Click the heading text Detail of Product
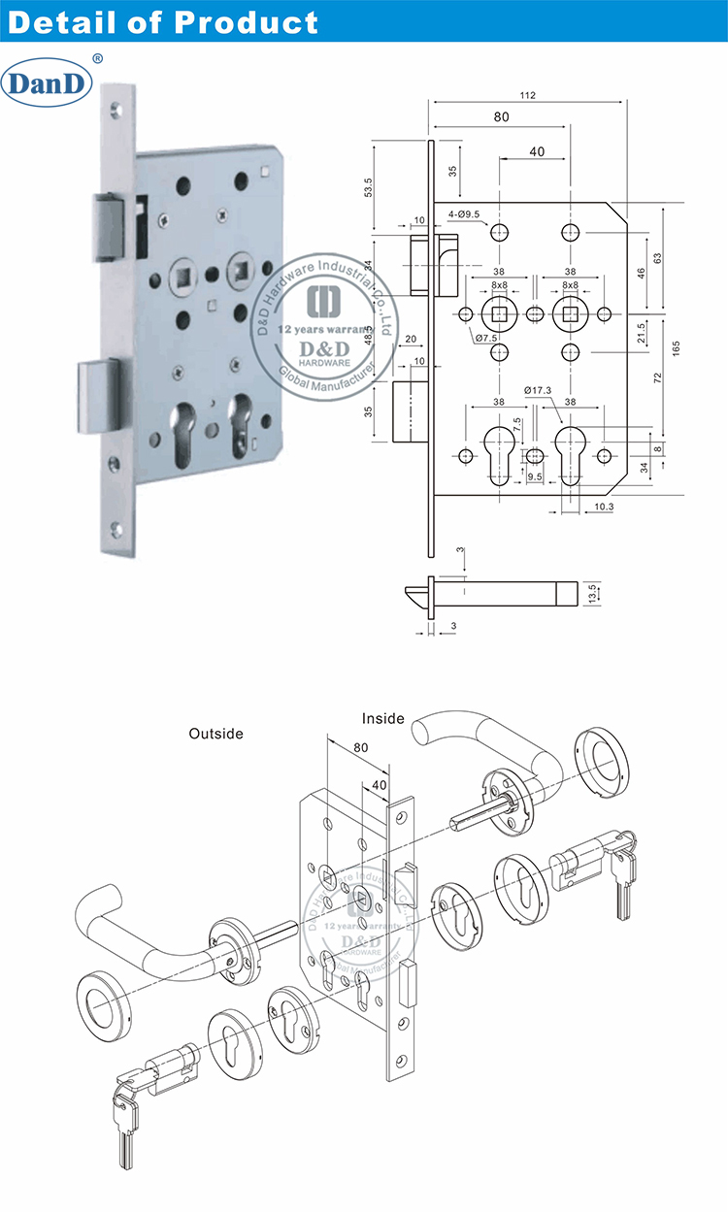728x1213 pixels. pyautogui.click(x=162, y=21)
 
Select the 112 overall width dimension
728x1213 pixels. pyautogui.click(x=528, y=95)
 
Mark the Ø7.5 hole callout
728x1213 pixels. pyautogui.click(x=486, y=338)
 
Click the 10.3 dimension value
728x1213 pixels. pyautogui.click(x=603, y=507)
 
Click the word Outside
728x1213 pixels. pyautogui.click(x=215, y=734)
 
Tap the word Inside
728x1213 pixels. pyautogui.click(x=383, y=719)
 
